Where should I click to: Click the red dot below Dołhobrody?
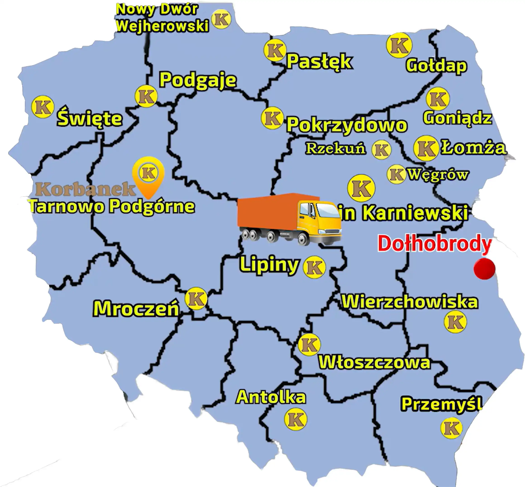point(484,268)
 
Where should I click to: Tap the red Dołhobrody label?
point(434,244)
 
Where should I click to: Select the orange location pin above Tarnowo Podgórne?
point(148,176)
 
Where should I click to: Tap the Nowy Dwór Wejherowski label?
point(162,18)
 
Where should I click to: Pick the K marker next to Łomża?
point(426,148)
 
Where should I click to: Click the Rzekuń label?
point(335,148)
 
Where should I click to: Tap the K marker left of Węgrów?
point(396,174)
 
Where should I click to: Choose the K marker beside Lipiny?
point(314,267)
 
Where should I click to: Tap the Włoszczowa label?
point(375,362)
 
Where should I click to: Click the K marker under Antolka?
point(296,419)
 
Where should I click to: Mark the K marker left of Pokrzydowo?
point(272,118)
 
